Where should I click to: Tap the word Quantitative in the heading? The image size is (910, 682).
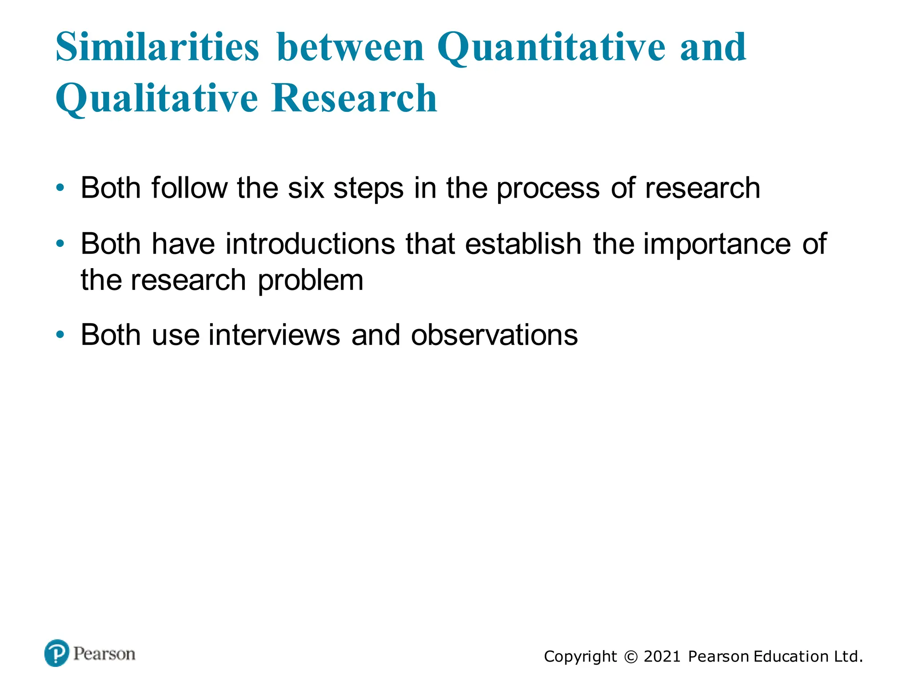551,48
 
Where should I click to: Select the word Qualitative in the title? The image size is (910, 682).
156,99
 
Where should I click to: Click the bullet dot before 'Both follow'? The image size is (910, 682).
60,188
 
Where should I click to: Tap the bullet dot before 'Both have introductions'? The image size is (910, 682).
60,243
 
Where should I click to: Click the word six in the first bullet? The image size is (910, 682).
306,188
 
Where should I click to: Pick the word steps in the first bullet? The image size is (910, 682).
368,189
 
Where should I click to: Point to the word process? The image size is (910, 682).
548,189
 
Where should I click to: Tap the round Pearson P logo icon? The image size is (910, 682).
57,653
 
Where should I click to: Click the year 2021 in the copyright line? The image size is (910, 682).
662,656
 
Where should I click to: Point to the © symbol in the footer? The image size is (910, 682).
630,657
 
